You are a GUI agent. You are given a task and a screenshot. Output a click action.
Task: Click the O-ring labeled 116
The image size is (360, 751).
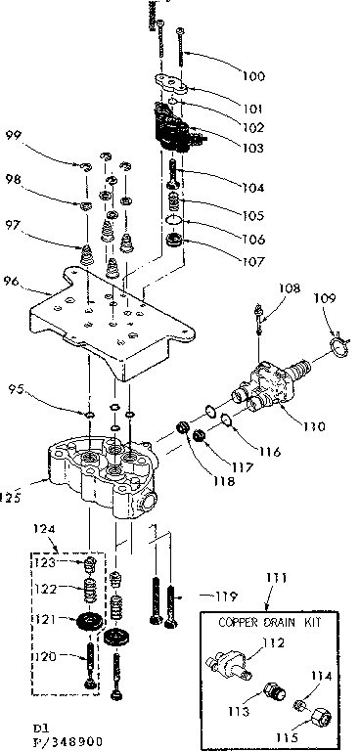tap(223, 420)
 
